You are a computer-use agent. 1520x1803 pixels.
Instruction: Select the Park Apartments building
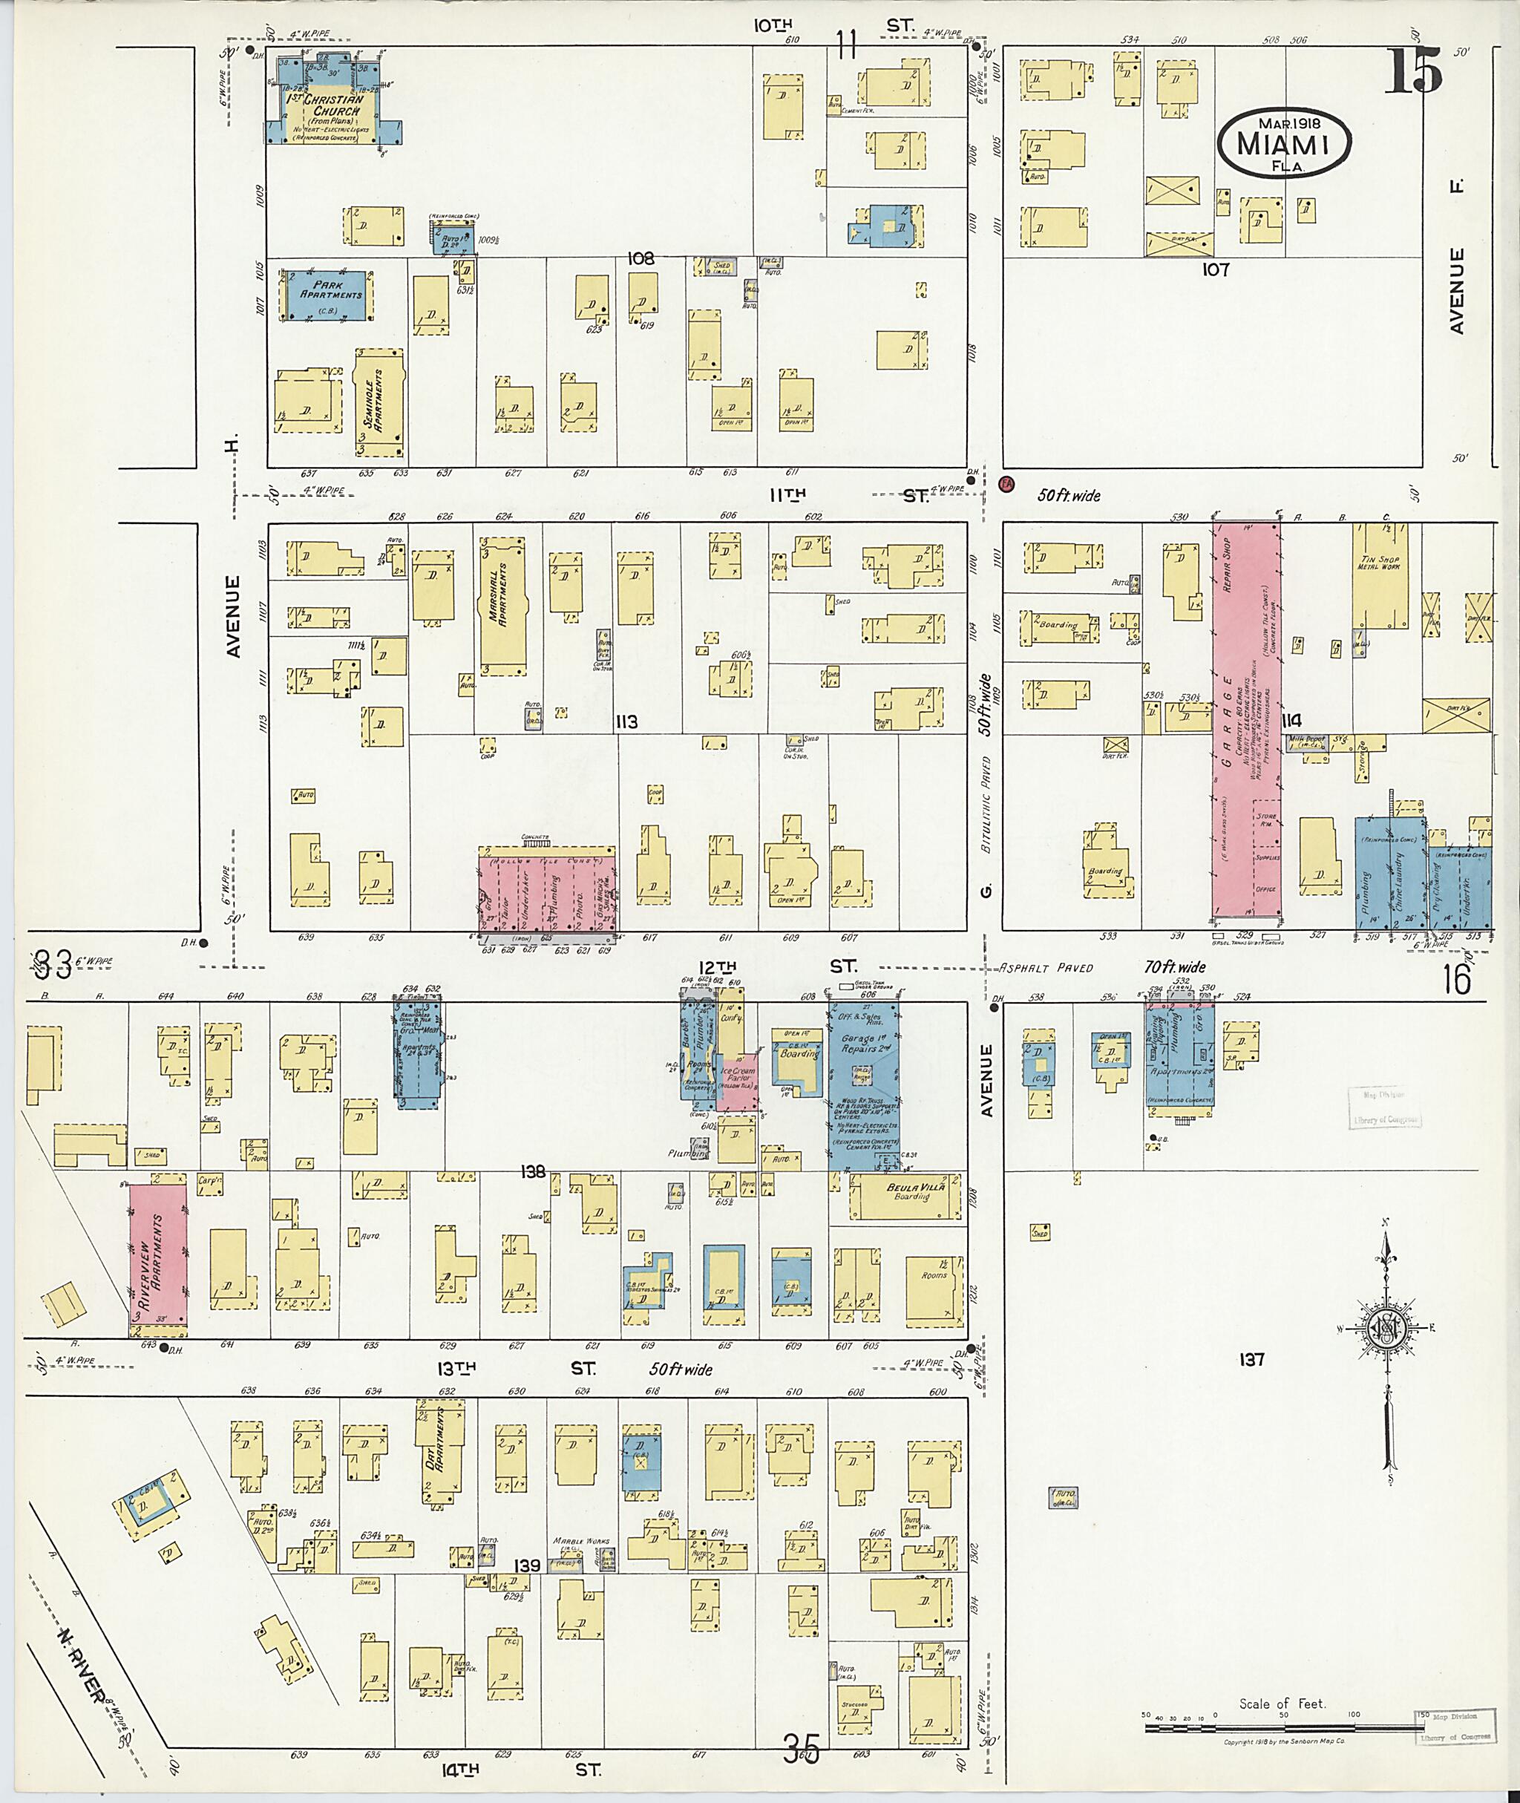click(327, 295)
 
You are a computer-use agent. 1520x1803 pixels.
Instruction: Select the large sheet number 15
click(1414, 71)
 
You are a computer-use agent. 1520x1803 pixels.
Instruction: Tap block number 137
click(1251, 1359)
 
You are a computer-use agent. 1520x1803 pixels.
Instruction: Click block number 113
click(626, 721)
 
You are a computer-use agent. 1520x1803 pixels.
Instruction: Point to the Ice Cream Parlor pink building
click(738, 1081)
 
